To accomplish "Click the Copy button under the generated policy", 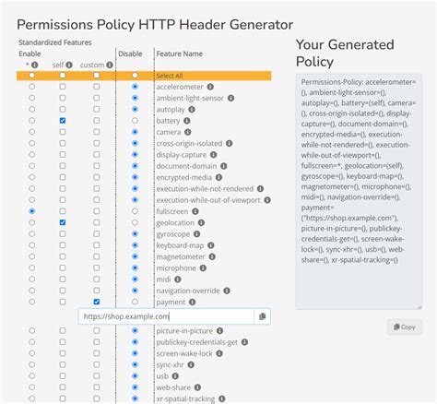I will click(x=403, y=327).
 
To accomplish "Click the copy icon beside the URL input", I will click(x=262, y=316).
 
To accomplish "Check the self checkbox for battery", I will click(x=63, y=121).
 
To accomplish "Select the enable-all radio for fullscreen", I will click(x=32, y=211).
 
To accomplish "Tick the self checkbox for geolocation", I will click(x=63, y=222).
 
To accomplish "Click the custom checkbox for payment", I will click(x=96, y=302).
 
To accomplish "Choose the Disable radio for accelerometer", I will click(x=136, y=87).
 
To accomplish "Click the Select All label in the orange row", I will click(x=171, y=76).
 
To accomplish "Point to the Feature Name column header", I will click(x=179, y=53).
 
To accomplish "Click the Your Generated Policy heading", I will click(x=344, y=53).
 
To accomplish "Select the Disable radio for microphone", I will click(x=136, y=267).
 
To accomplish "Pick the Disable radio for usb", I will click(x=136, y=374).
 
